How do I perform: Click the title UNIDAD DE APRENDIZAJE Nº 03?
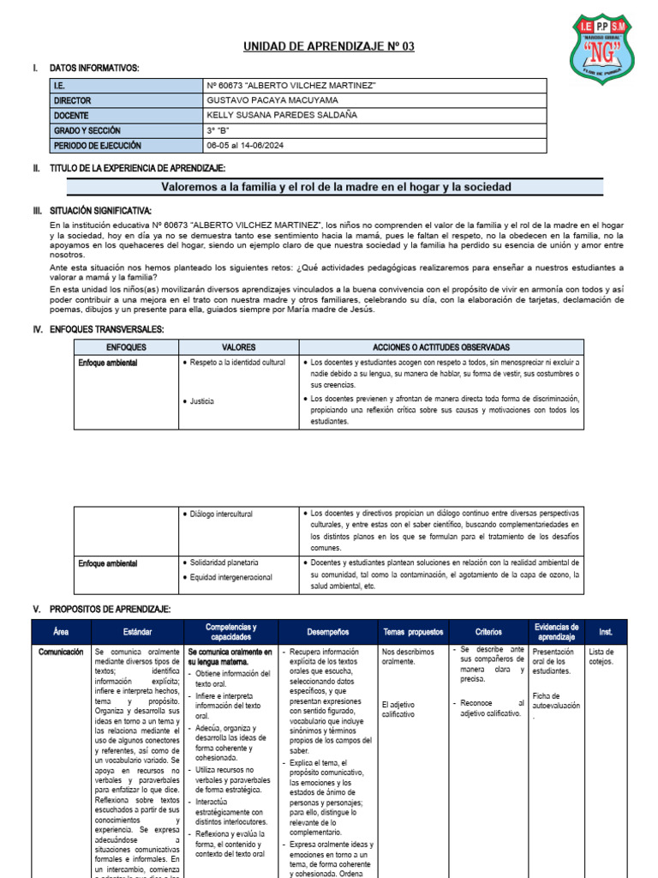pos(329,46)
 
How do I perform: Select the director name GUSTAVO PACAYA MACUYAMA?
pos(273,100)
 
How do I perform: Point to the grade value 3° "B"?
pos(219,130)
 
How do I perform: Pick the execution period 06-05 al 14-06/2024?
pos(246,145)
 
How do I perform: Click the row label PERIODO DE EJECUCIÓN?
pos(97,145)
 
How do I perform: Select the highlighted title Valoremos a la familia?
pos(336,187)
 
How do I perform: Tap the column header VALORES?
pos(239,347)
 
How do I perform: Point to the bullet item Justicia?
pos(202,401)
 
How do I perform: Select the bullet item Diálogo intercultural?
pos(221,514)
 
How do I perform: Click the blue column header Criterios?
pos(488,632)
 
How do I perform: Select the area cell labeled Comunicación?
pos(61,652)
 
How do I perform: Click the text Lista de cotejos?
pos(602,656)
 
